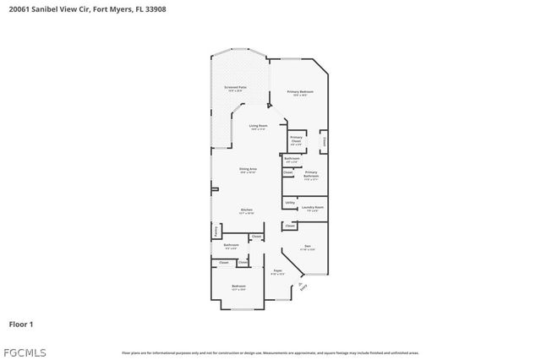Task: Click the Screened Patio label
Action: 235,87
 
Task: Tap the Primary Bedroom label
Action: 299,91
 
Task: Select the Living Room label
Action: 258,126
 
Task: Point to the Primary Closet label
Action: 296,139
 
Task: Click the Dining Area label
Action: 247,170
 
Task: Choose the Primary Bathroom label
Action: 311,175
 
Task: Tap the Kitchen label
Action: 247,210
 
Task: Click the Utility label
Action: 290,203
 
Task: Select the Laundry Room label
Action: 313,207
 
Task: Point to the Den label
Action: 308,246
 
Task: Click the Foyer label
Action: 277,270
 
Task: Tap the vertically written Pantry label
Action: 216,230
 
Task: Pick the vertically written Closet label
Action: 324,141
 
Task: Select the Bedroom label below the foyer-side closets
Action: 238,286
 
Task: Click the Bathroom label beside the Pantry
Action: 231,245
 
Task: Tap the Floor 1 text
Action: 21,324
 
